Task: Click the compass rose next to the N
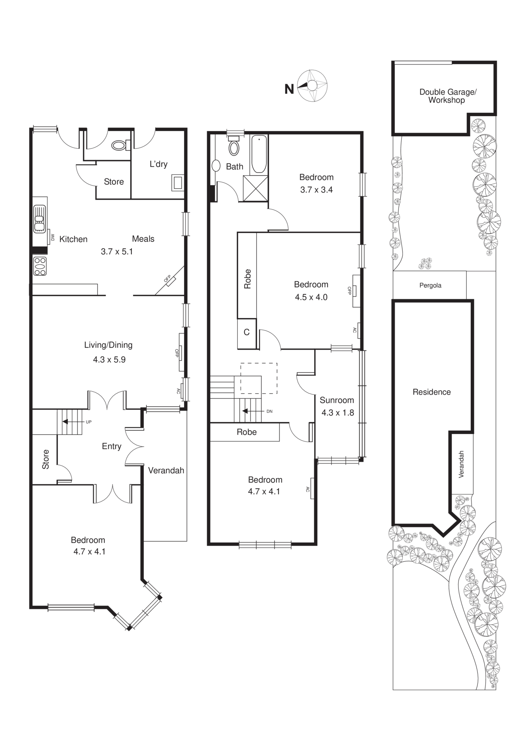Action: tap(312, 86)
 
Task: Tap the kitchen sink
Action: tap(39, 219)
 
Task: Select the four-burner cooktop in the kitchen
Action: tap(40, 266)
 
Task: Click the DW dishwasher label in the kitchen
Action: tap(52, 237)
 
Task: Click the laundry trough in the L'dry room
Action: tap(178, 183)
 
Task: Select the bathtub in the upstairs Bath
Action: tap(259, 154)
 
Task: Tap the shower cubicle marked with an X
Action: tap(255, 188)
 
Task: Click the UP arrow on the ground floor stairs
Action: tap(66, 421)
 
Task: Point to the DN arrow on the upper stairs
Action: tap(246, 411)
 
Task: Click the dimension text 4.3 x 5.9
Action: tap(109, 360)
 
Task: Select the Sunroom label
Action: tap(337, 400)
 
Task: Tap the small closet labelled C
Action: tap(247, 332)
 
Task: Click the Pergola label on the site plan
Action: tap(430, 285)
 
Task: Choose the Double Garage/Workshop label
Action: tap(447, 96)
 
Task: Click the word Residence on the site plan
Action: tap(431, 392)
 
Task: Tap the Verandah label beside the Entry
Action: tap(166, 470)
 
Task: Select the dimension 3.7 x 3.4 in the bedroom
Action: tap(316, 190)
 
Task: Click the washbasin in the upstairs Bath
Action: tap(216, 166)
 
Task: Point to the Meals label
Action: tap(143, 239)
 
